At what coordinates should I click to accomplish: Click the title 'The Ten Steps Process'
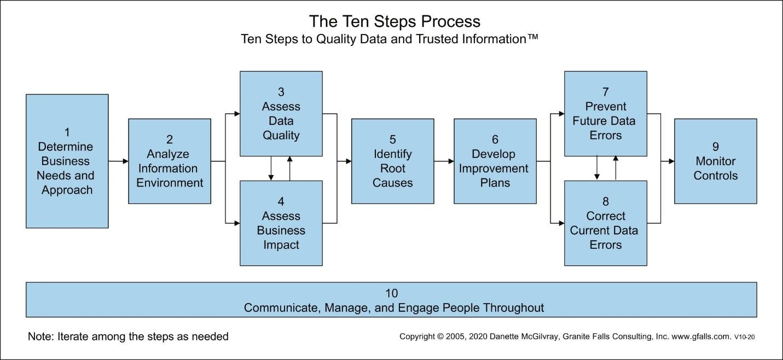pos(395,21)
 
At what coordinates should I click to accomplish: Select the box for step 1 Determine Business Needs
pos(67,161)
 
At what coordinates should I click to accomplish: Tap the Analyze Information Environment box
pos(170,161)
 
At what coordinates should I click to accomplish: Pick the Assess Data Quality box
pos(281,113)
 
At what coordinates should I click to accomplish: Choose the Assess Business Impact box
pos(281,223)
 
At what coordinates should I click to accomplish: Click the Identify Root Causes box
pos(392,161)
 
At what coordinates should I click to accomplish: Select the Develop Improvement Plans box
pos(495,161)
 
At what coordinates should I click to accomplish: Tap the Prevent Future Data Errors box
pos(605,113)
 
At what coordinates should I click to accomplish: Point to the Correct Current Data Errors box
pos(605,223)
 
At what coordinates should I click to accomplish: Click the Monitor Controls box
pos(715,161)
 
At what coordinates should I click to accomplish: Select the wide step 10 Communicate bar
pos(391,300)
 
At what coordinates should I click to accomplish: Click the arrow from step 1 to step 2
pos(118,161)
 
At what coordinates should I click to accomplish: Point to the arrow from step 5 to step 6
pos(444,161)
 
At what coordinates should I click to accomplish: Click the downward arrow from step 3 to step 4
pos(271,169)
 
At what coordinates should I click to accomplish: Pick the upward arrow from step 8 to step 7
pos(616,167)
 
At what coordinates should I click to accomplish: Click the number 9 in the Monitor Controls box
pos(715,147)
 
